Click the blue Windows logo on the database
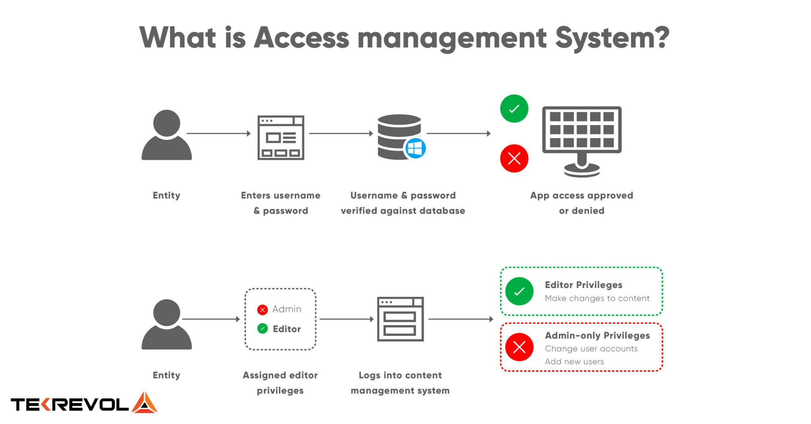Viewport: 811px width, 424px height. coord(415,148)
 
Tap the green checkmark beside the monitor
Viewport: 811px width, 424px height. coord(514,108)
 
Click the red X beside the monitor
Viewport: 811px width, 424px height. coord(514,158)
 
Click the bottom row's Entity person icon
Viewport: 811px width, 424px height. coord(167,325)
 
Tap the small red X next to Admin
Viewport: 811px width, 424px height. coord(262,310)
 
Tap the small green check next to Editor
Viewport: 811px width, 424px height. coord(262,329)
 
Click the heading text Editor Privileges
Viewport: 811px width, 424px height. coord(583,285)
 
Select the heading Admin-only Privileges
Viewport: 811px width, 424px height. coord(597,336)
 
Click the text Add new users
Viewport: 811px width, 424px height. coord(574,361)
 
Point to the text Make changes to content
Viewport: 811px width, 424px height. coord(597,299)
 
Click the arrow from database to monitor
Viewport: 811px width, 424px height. coord(459,133)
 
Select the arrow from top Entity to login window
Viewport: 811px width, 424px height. coord(219,133)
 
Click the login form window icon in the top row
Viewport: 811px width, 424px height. coord(281,137)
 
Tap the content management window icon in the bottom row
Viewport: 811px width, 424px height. coord(400,319)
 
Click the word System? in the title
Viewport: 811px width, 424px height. coord(612,38)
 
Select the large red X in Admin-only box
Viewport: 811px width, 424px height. coord(519,347)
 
